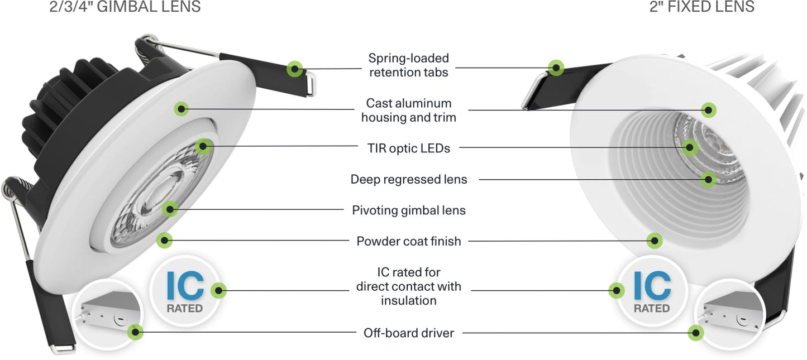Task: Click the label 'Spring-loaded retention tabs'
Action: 408,65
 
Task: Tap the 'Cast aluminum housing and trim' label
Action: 408,110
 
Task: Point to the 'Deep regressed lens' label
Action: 409,179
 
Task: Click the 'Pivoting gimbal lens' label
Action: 408,210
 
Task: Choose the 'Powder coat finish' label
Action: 408,241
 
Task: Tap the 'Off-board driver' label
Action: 408,333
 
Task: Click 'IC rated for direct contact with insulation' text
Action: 408,286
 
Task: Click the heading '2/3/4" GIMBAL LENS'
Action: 125,7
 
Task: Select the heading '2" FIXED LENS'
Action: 701,7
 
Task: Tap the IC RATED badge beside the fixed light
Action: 652,291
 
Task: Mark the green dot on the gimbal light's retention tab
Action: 295,69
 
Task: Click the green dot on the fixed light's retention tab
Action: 556,68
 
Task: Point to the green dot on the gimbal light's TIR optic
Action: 204,147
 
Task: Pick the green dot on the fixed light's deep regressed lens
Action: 709,179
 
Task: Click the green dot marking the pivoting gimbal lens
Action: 170,209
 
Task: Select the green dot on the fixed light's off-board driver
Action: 696,333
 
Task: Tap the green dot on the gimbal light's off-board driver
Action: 135,332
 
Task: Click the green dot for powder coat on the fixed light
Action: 655,241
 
